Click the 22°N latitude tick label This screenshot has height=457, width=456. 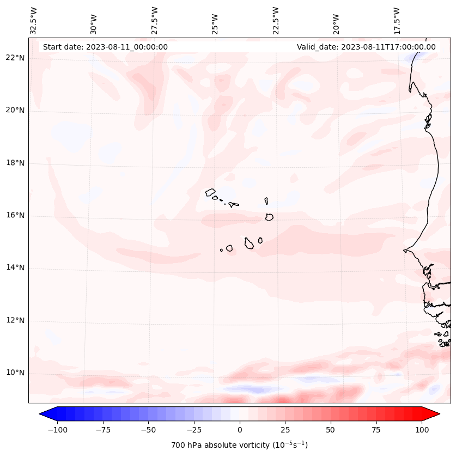click(x=15, y=58)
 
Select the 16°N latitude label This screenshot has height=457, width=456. click(x=15, y=216)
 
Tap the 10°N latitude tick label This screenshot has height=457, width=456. click(x=15, y=373)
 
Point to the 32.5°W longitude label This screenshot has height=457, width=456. click(x=34, y=20)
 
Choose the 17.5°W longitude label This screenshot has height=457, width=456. click(x=397, y=20)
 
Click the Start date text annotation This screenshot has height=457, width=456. click(x=105, y=47)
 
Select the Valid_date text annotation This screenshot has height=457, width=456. click(x=366, y=47)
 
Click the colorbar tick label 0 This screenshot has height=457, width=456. click(x=240, y=430)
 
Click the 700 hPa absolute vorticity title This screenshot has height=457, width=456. click(x=239, y=445)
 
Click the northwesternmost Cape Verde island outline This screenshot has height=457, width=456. click(x=210, y=192)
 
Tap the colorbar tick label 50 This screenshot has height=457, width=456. click(x=330, y=430)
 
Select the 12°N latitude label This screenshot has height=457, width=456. click(x=15, y=321)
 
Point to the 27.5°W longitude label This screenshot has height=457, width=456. click(x=155, y=20)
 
